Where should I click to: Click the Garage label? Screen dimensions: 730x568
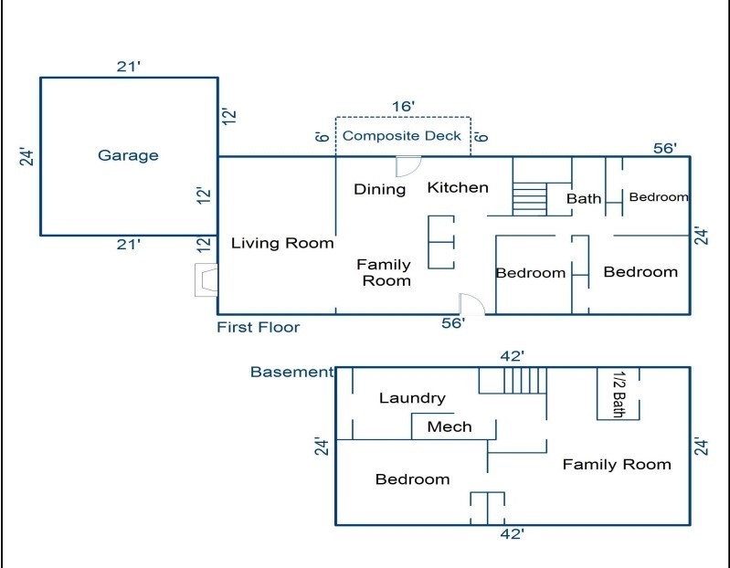(x=128, y=155)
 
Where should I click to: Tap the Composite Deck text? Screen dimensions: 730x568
(x=401, y=136)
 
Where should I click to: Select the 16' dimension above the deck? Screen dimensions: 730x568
(x=403, y=107)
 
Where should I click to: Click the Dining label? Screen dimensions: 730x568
(x=379, y=189)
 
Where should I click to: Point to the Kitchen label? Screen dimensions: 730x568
(x=458, y=187)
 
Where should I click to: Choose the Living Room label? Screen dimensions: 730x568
(x=282, y=243)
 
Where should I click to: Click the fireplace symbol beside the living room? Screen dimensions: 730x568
(x=206, y=280)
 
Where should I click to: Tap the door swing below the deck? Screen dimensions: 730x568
(x=408, y=166)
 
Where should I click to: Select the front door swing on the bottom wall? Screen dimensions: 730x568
(x=472, y=304)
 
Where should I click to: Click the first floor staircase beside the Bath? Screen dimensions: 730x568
(x=529, y=199)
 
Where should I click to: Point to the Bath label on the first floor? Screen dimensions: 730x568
(x=584, y=199)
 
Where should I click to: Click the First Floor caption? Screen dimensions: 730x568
(x=259, y=327)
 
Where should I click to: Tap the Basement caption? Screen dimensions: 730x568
(x=291, y=372)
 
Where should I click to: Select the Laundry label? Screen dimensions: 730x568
(x=412, y=398)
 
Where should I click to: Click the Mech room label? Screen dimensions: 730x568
(x=450, y=426)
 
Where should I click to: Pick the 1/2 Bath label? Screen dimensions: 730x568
(x=619, y=394)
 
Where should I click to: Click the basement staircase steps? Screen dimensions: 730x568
(x=525, y=381)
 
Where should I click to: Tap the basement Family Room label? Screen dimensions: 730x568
(x=617, y=464)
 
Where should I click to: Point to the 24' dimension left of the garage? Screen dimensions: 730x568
(x=27, y=157)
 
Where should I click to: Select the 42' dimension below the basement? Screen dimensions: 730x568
(x=513, y=534)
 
